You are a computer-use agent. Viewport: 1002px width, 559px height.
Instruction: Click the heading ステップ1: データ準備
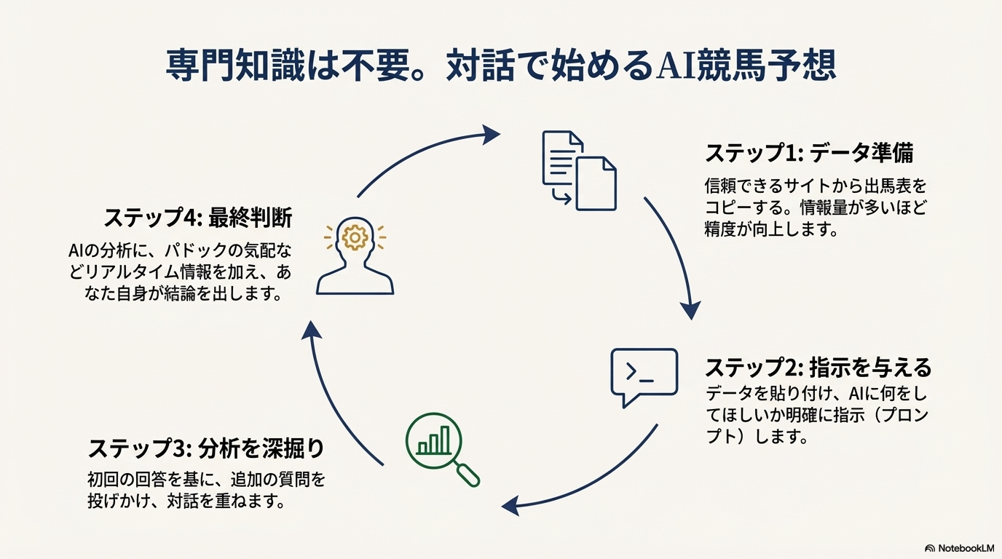[809, 154]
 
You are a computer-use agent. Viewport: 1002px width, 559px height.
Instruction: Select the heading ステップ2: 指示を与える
[818, 368]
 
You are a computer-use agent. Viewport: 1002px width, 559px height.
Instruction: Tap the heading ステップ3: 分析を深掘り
[206, 448]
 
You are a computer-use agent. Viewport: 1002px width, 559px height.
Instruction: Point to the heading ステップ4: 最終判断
[198, 218]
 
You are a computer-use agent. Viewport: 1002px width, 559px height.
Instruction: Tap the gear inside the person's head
[355, 237]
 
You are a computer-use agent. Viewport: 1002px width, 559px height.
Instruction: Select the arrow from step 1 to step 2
[676, 255]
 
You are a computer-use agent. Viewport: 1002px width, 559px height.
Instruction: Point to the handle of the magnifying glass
[467, 475]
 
